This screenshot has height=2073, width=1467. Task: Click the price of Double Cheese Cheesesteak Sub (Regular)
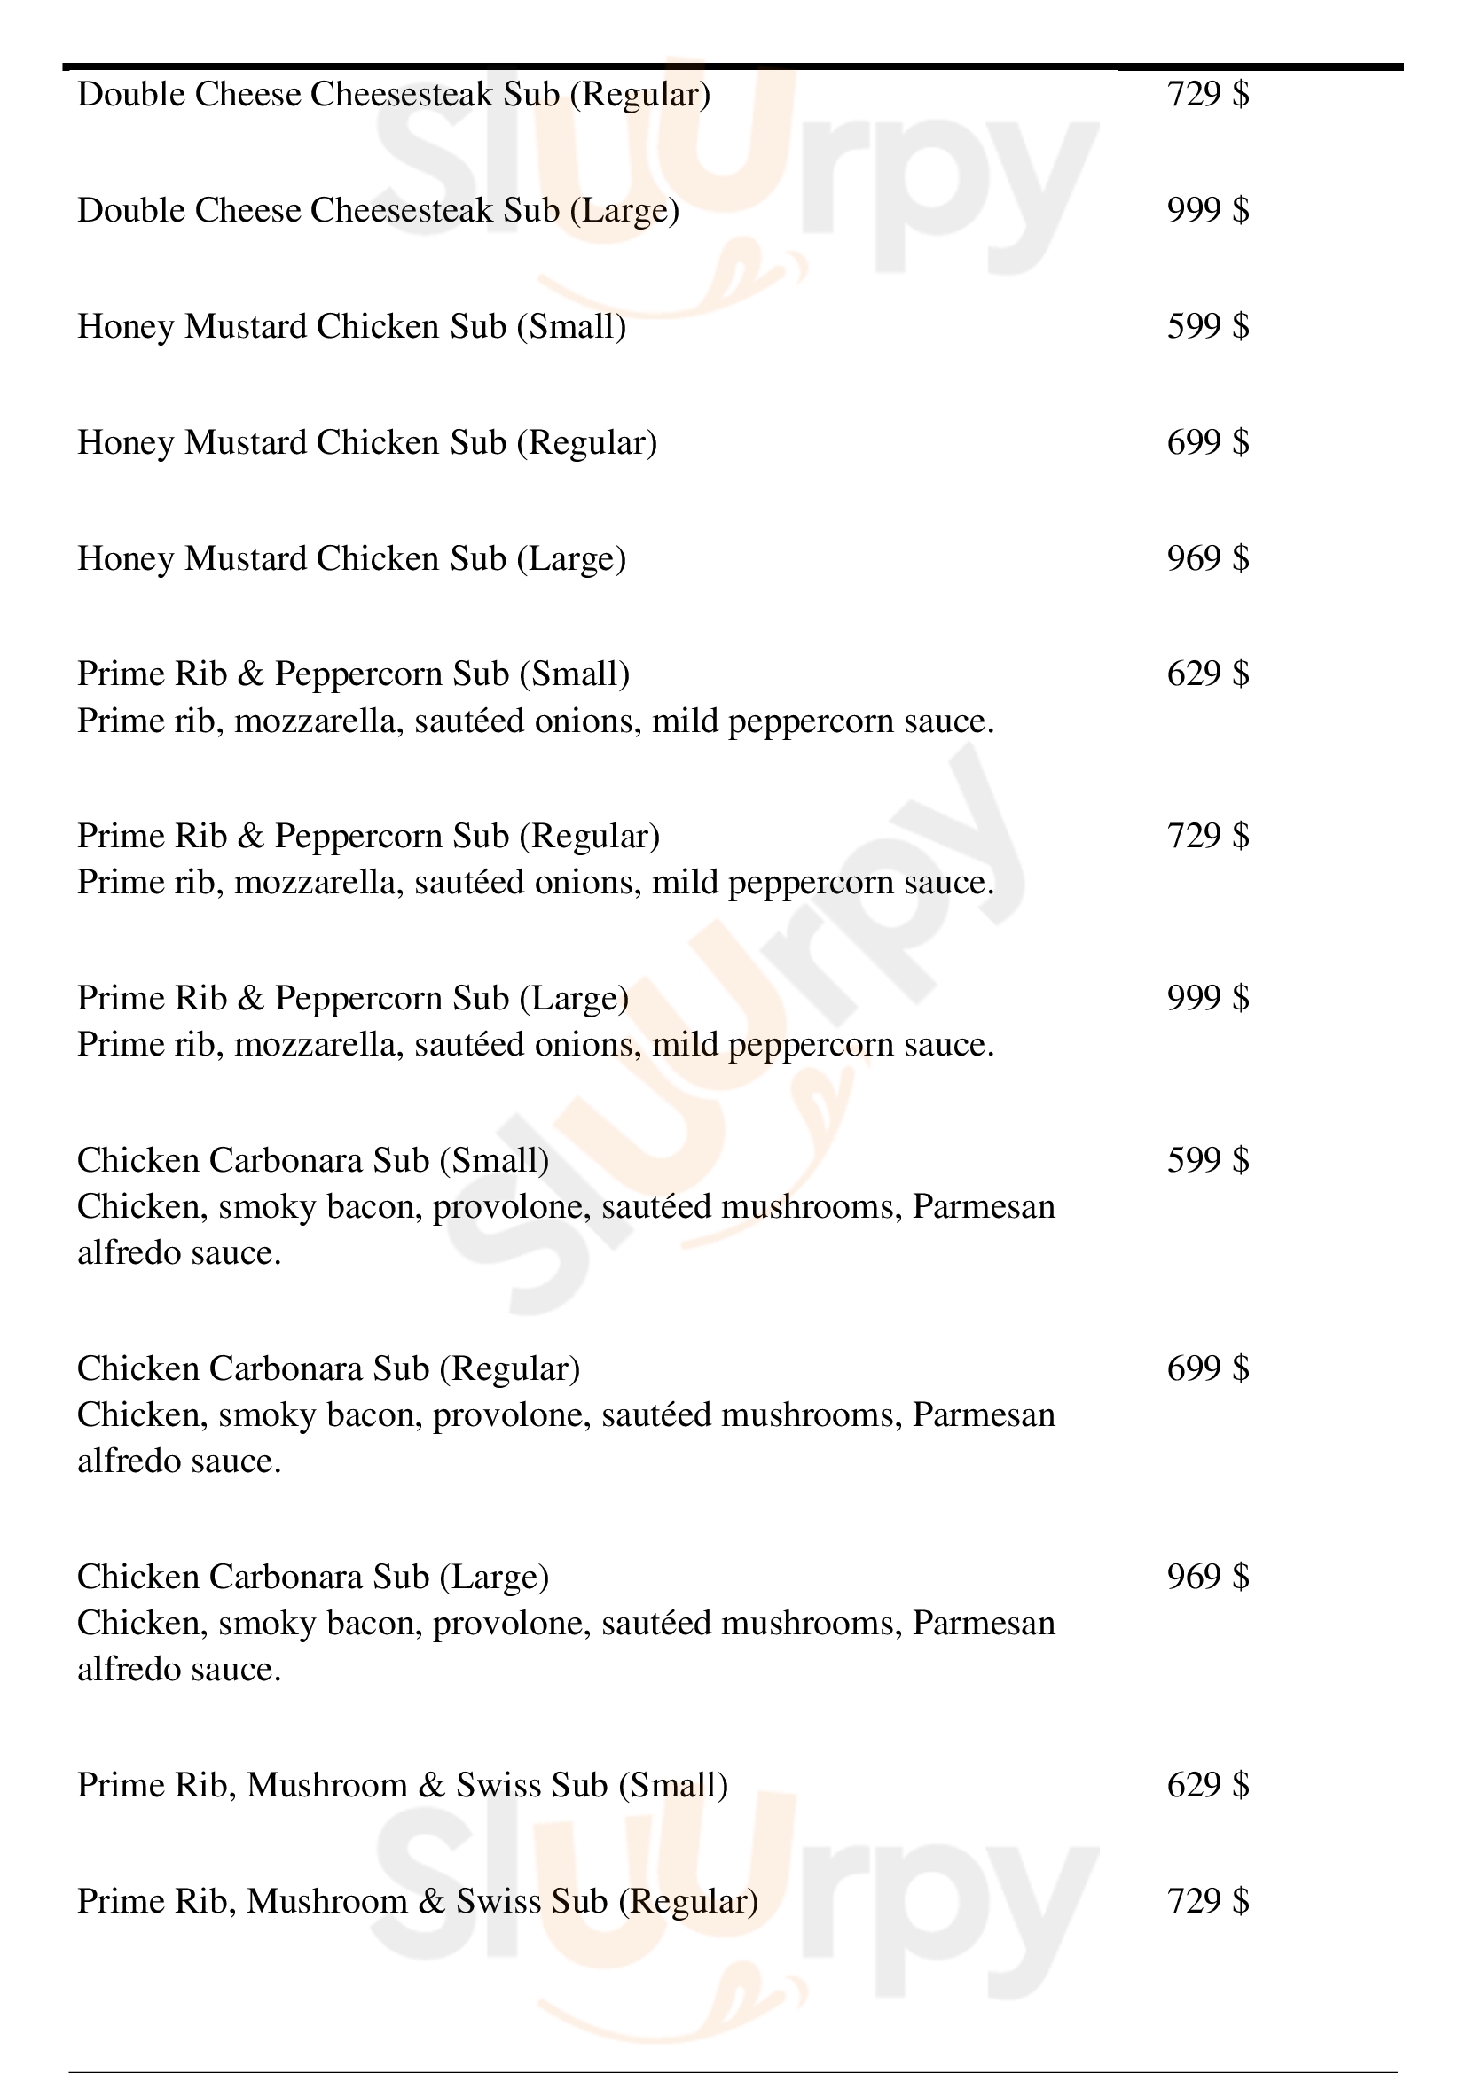[1208, 94]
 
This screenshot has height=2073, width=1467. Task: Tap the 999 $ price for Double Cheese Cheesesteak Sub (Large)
[1208, 210]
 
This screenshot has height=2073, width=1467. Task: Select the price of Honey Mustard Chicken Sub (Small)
[1208, 326]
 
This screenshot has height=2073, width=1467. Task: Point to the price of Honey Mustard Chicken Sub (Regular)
[1208, 442]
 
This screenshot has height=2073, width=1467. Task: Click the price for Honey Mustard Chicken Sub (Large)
[1208, 558]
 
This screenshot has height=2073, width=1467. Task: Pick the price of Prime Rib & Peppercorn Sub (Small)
[1208, 674]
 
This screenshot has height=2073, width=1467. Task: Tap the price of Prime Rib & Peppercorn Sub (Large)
[1208, 998]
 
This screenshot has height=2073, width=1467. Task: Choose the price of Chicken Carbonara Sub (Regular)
[1208, 1368]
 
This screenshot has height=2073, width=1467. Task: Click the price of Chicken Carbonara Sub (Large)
[1208, 1577]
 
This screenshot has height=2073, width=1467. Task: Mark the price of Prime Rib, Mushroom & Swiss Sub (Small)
[1208, 1785]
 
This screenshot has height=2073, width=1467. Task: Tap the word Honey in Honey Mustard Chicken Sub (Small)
[126, 327]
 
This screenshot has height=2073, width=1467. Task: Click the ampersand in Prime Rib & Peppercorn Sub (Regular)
[250, 836]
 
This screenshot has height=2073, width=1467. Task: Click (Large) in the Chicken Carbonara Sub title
[494, 1578]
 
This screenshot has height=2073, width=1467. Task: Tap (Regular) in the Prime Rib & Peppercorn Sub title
[589, 837]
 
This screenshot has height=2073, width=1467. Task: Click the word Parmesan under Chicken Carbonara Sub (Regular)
[984, 1414]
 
